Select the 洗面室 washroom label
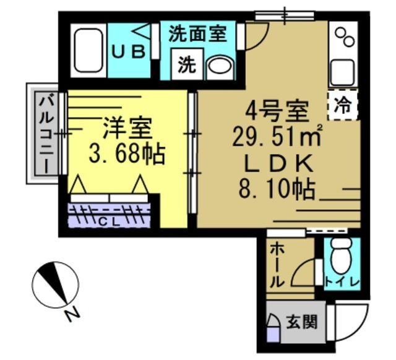pos(197,32)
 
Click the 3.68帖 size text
pos(126,153)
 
